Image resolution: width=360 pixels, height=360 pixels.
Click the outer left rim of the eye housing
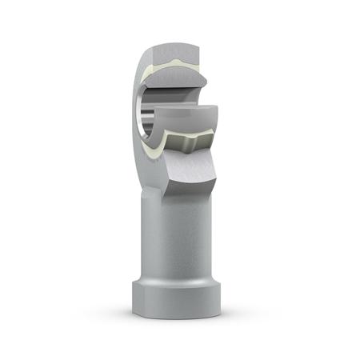point(136,112)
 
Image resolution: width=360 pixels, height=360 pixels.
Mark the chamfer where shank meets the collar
point(178,282)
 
